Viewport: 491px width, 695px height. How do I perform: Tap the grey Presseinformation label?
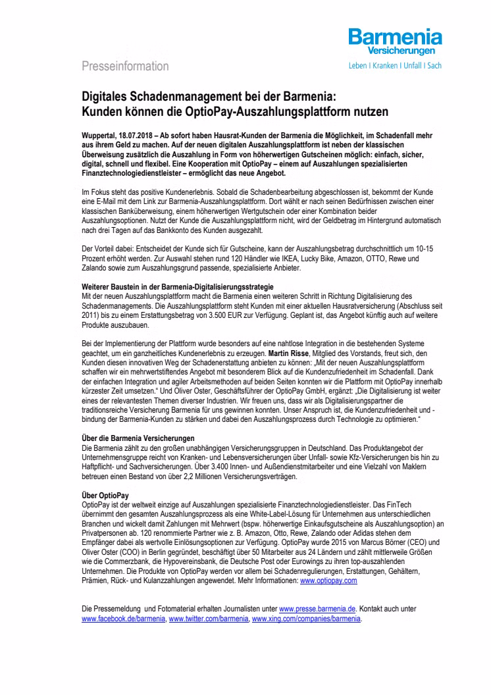pos(125,66)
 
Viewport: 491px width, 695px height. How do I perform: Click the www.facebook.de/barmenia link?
pos(123,620)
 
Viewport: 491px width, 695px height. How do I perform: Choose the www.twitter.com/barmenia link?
pos(209,620)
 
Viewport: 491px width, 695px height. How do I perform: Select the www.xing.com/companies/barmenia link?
pos(306,620)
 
